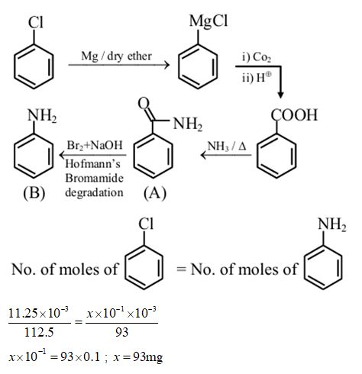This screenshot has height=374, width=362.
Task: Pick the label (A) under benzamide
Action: click(x=154, y=194)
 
